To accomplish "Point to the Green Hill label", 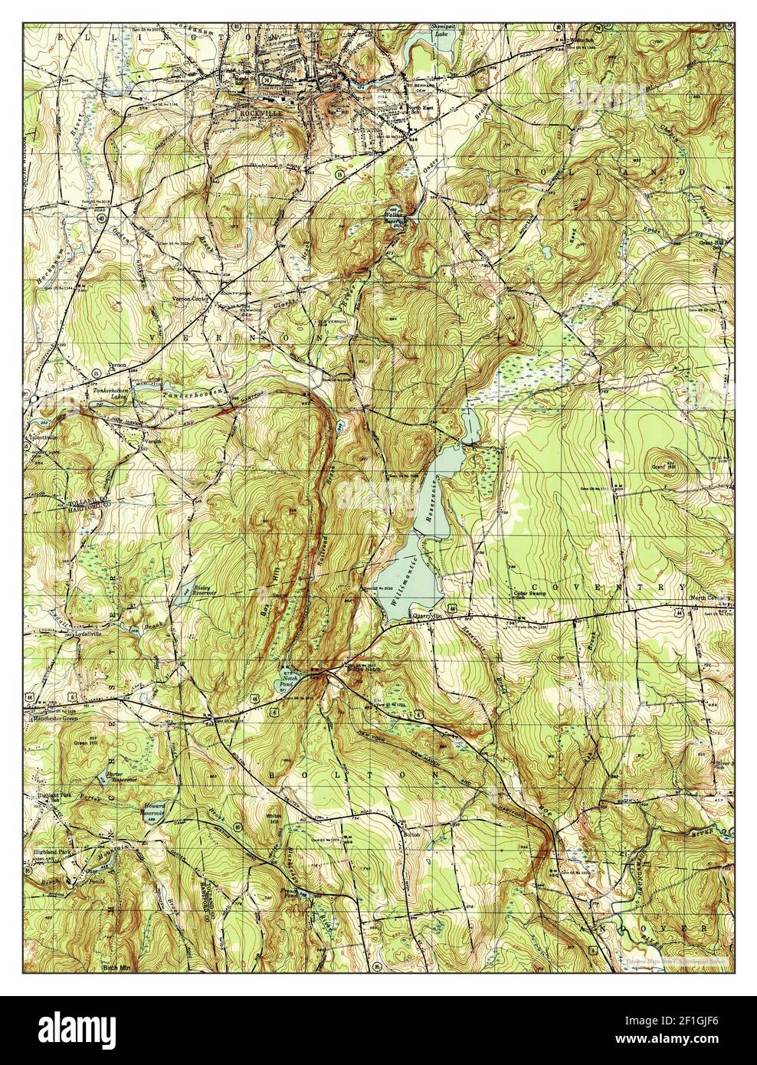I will (86, 742).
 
